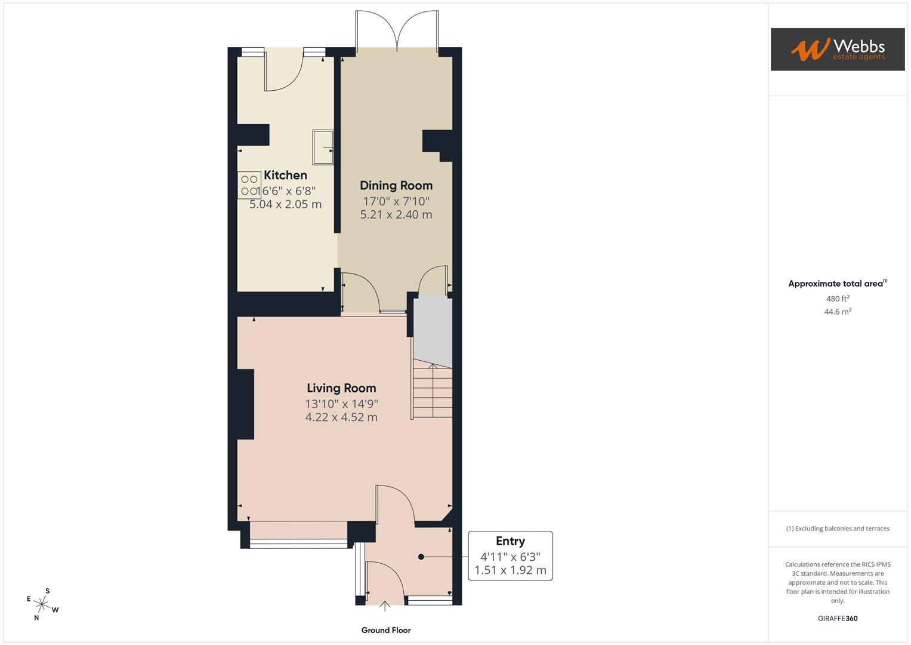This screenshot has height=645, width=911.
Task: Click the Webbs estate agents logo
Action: click(x=837, y=50)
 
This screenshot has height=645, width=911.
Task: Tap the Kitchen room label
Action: click(x=285, y=175)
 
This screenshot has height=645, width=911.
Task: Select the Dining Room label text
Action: click(x=396, y=186)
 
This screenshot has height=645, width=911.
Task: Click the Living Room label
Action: click(x=341, y=388)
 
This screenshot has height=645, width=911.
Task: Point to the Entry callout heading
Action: click(x=510, y=541)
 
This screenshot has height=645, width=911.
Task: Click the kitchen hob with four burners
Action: click(x=249, y=185)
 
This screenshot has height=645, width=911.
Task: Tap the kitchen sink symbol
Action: click(x=323, y=147)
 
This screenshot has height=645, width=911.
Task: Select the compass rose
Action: click(x=42, y=604)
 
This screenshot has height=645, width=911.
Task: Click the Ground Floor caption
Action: click(x=385, y=630)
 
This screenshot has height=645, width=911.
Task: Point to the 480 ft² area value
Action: click(x=837, y=299)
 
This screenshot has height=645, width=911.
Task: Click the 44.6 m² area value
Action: click(x=837, y=312)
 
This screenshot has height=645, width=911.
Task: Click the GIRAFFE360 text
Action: click(x=837, y=618)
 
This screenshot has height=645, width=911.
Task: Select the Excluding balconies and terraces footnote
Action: click(x=837, y=529)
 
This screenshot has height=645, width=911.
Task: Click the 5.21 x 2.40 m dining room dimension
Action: click(x=396, y=214)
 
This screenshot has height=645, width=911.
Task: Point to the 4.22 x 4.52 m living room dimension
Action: click(x=341, y=417)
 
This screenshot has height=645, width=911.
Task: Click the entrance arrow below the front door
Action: click(x=385, y=606)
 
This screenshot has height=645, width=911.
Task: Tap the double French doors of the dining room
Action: click(x=397, y=30)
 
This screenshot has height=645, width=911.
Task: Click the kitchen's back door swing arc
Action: click(x=285, y=75)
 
